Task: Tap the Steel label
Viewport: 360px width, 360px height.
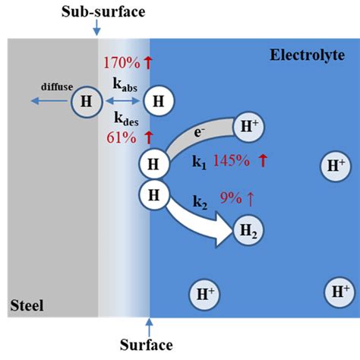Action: click(27, 306)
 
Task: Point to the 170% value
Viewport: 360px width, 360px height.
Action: click(119, 63)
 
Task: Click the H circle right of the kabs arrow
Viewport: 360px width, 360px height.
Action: click(158, 99)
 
